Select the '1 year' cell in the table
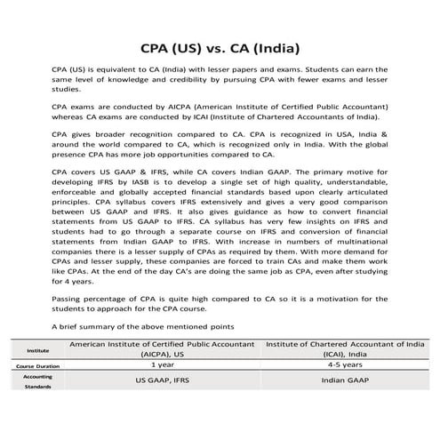pos(163,364)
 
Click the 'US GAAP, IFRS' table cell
pos(163,380)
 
